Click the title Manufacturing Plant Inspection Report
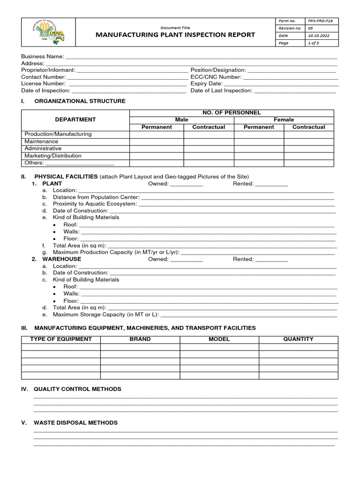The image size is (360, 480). coord(175,35)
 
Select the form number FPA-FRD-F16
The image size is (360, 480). coord(320,21)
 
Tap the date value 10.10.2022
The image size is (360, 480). coord(319,36)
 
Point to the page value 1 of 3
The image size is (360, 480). coord(313,43)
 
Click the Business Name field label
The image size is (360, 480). coord(43,56)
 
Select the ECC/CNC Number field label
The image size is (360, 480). coord(216,77)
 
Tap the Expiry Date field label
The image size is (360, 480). coord(207,83)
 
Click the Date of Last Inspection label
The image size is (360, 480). coord(221,90)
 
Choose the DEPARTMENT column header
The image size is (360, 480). coord(75,120)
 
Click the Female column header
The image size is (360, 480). coord(284,120)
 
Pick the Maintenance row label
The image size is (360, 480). coord(41,141)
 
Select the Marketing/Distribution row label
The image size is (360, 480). coord(53,156)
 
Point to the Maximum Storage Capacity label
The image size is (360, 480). coord(106,315)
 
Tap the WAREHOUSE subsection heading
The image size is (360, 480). coord(61,259)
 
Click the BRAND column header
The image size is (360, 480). coord(140,339)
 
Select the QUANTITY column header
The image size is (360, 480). coord(298,339)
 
